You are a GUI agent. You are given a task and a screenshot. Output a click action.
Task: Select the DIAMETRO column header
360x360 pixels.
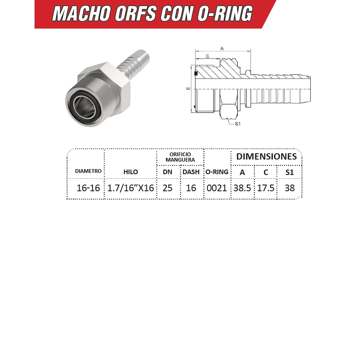click(x=88, y=171)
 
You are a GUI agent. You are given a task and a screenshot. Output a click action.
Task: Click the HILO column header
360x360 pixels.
click(x=130, y=172)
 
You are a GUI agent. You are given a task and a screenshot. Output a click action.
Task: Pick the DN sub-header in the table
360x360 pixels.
click(x=167, y=172)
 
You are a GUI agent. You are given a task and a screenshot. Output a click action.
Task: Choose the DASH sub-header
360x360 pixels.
click(x=191, y=172)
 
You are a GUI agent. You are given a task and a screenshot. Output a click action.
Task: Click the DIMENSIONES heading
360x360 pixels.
click(x=266, y=156)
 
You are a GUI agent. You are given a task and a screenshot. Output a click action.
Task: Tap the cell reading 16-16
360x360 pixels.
click(x=88, y=188)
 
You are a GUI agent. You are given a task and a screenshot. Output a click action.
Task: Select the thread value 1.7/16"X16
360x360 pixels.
click(x=130, y=188)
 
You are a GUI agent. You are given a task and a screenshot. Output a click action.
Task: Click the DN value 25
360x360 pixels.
click(x=167, y=188)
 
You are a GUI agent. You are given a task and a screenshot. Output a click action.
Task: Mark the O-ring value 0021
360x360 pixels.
click(x=217, y=188)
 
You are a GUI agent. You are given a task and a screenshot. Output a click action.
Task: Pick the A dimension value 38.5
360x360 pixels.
click(x=242, y=188)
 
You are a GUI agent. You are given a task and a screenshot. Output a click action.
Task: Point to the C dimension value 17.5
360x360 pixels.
click(x=266, y=188)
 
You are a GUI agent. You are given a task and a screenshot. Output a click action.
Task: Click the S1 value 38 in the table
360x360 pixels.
click(x=289, y=188)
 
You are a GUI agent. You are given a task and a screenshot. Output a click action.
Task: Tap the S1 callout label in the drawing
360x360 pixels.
click(x=237, y=124)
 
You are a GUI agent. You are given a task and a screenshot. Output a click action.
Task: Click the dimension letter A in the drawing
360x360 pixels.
click(x=222, y=48)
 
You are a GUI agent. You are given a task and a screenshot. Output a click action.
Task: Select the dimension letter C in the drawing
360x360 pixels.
click(x=208, y=56)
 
